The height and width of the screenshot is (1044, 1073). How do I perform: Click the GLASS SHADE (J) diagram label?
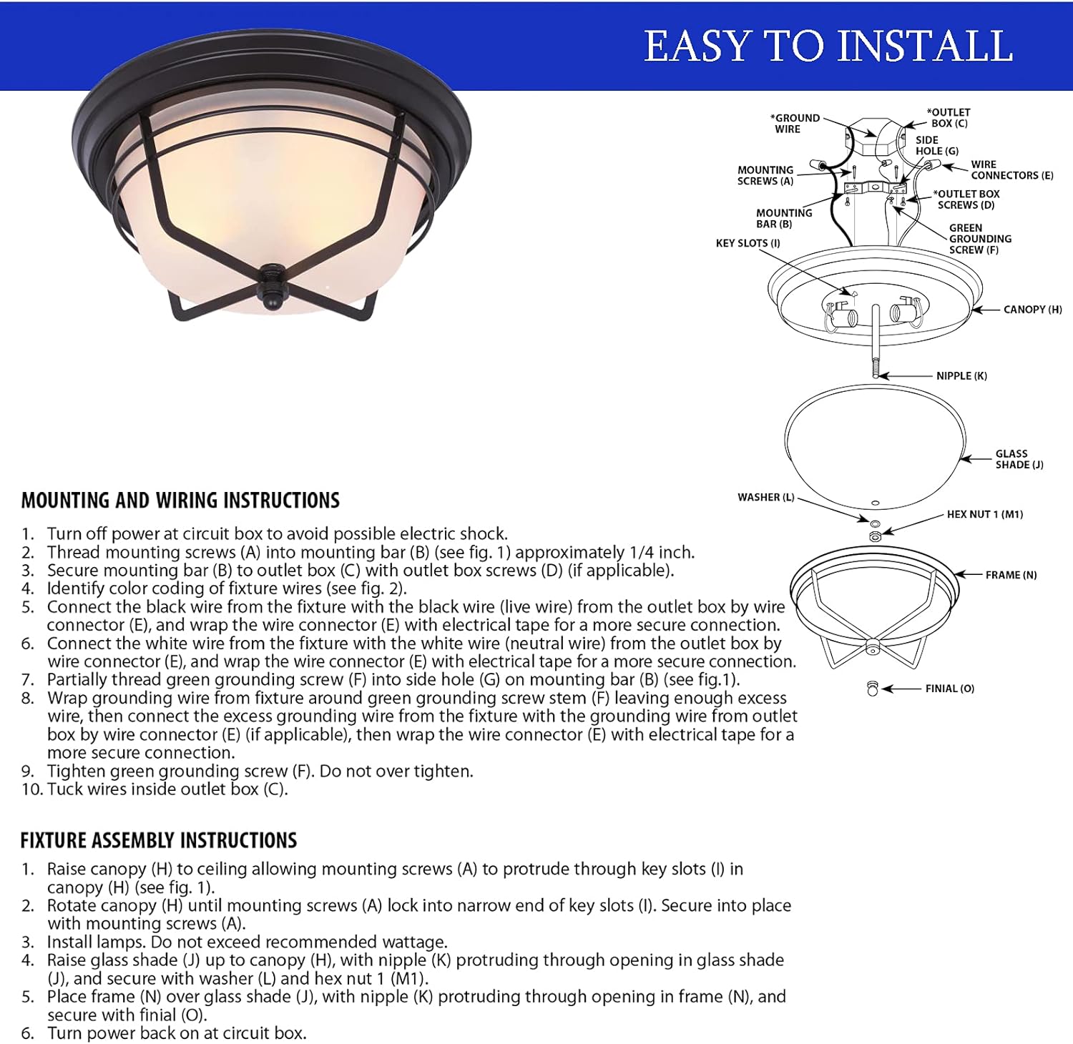(x=1019, y=459)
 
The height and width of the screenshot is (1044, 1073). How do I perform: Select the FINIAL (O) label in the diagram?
(x=949, y=689)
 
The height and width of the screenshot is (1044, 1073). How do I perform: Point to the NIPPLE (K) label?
(x=961, y=376)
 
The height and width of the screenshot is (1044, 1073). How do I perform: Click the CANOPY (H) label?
(x=1032, y=310)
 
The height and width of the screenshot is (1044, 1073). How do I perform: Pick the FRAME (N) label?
(x=1011, y=575)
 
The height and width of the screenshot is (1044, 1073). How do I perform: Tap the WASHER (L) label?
(x=765, y=498)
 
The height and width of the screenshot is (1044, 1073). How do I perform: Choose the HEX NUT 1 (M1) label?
(x=984, y=514)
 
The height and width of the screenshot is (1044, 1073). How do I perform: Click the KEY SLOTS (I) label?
(x=748, y=243)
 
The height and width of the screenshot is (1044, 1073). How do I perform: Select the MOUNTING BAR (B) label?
(x=783, y=218)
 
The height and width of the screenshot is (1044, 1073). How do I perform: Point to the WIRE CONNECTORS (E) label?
(x=1011, y=169)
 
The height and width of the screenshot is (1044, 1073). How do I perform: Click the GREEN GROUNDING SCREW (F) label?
(x=979, y=239)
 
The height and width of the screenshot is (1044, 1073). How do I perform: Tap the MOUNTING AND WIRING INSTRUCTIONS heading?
(x=180, y=501)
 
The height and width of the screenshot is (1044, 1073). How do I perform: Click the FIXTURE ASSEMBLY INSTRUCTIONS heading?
(x=159, y=840)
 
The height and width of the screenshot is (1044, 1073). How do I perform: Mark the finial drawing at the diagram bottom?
(x=872, y=689)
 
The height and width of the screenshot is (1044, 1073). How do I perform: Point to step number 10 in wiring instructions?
(x=32, y=789)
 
